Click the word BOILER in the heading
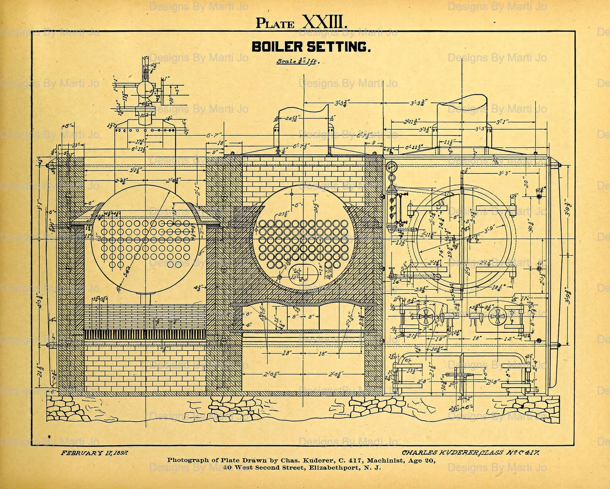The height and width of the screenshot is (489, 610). pyautogui.click(x=277, y=47)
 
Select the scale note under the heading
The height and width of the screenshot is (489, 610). pyautogui.click(x=298, y=61)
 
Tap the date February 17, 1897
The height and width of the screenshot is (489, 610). pyautogui.click(x=94, y=453)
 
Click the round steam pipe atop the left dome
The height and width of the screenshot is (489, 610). pyautogui.click(x=145, y=89)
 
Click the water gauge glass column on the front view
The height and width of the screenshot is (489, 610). pyautogui.click(x=392, y=207)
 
